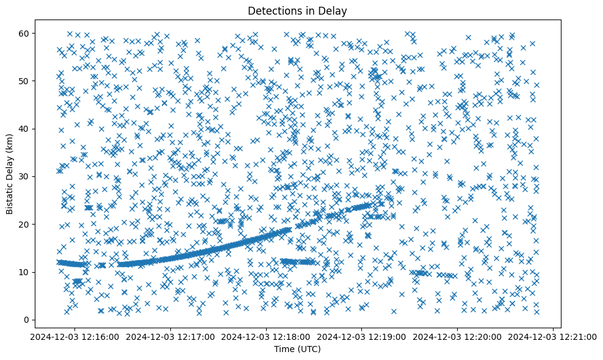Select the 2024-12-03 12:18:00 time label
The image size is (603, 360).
coord(266,336)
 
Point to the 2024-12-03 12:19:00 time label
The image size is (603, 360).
coord(362,336)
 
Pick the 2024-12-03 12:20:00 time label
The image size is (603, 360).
coord(458,336)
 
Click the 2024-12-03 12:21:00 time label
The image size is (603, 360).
coord(554,336)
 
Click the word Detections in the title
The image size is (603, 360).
coord(272,10)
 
